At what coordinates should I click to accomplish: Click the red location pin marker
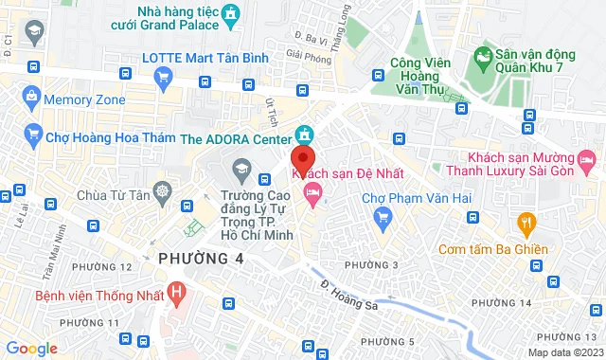click(x=302, y=157)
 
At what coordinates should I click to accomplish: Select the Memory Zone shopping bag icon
click(x=31, y=98)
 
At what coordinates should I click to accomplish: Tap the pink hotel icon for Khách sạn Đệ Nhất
click(x=312, y=192)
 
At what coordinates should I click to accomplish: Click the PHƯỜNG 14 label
click(x=501, y=301)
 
